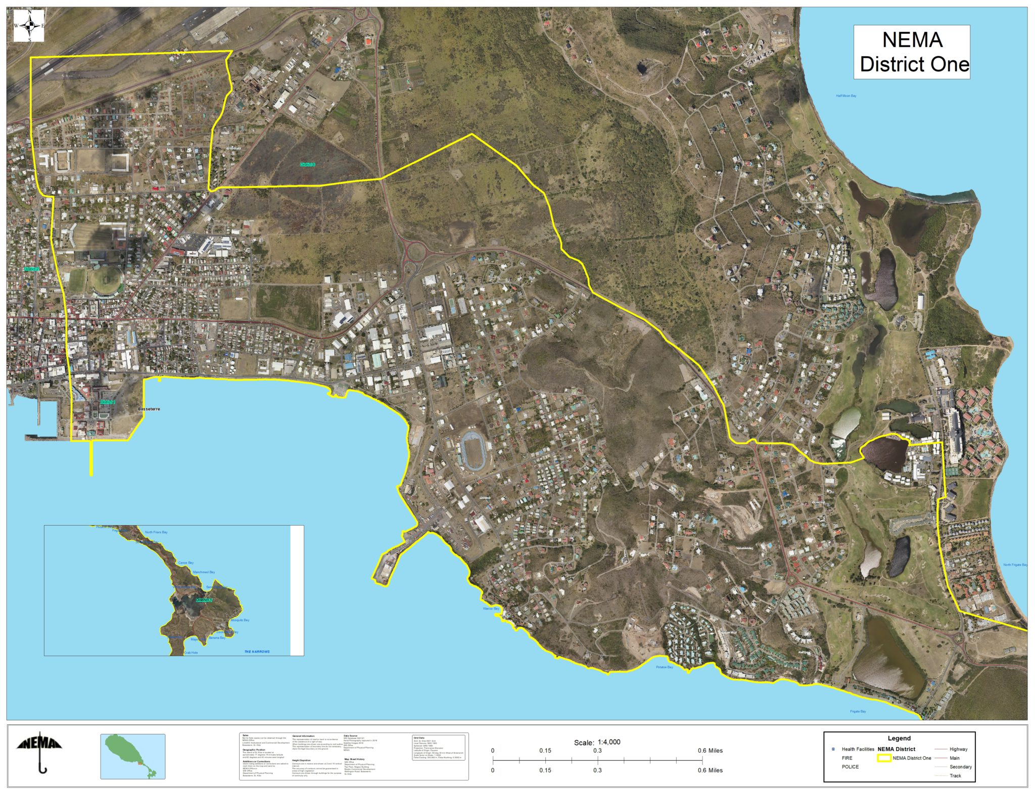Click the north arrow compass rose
pyautogui.click(x=29, y=25)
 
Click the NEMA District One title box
pyautogui.click(x=911, y=52)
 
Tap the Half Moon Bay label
pyautogui.click(x=845, y=96)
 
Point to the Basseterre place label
pyautogui.click(x=149, y=409)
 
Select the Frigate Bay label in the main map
pyautogui.click(x=858, y=712)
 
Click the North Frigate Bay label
pyautogui.click(x=1015, y=565)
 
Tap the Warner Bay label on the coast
pyautogui.click(x=491, y=609)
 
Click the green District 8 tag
pyautogui.click(x=307, y=164)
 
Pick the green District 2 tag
pyautogui.click(x=32, y=269)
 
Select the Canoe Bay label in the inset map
pyautogui.click(x=185, y=563)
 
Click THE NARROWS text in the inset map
pyautogui.click(x=257, y=651)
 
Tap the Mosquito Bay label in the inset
pyautogui.click(x=240, y=620)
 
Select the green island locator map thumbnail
pyautogui.click(x=133, y=756)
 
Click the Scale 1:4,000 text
pyautogui.click(x=597, y=742)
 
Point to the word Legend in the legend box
pyautogui.click(x=899, y=738)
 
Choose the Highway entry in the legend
pyautogui.click(x=958, y=749)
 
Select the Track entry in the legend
pyautogui.click(x=955, y=776)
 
